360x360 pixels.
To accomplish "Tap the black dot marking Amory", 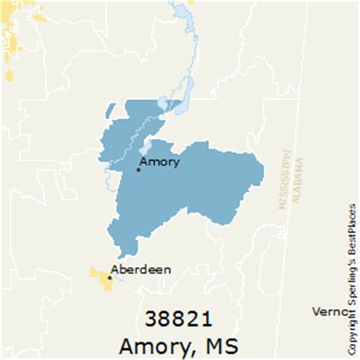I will pyautogui.click(x=137, y=169).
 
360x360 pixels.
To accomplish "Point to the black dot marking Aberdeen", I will pyautogui.click(x=109, y=277).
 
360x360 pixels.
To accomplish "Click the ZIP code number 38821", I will pyautogui.click(x=181, y=319).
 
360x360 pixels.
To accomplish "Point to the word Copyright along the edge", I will pyautogui.click(x=352, y=327).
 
